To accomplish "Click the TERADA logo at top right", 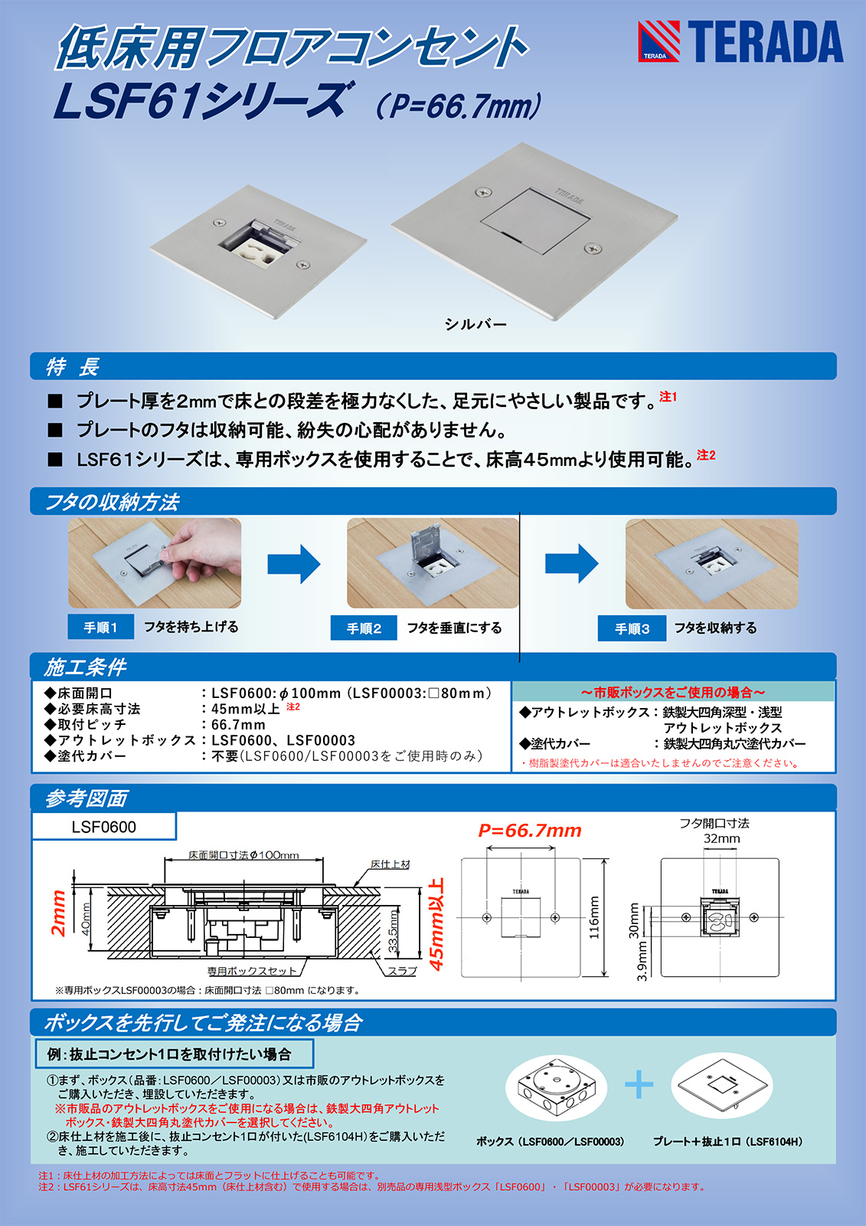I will click(740, 41).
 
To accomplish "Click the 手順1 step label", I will click(101, 628).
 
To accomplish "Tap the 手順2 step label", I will click(364, 628).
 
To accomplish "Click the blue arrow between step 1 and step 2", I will click(293, 564).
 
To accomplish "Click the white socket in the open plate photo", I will click(257, 251).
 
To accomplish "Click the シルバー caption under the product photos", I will click(475, 324).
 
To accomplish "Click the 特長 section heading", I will click(73, 367).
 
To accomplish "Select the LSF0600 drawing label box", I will click(103, 827).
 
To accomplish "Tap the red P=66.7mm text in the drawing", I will click(530, 831).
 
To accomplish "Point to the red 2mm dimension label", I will click(58, 912).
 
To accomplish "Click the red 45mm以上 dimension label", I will click(436, 923).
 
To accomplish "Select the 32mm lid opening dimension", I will click(721, 839).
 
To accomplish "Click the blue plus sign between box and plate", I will click(639, 1085).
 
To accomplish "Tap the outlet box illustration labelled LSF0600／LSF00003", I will click(557, 1088).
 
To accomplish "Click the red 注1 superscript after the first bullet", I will click(668, 396).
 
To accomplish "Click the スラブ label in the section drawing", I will click(402, 971).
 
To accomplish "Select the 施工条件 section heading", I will click(85, 667).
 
